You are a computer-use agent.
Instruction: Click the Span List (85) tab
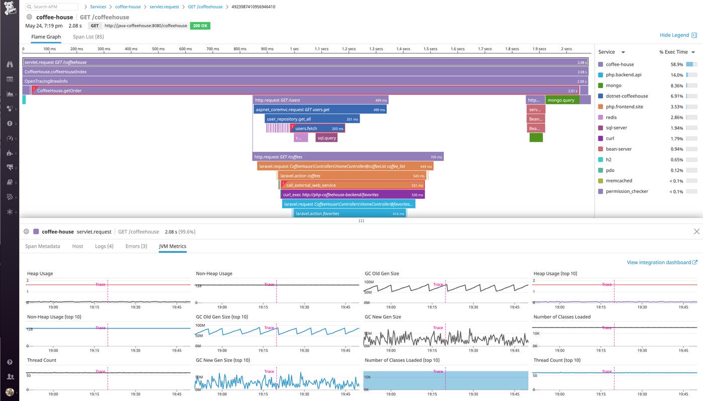tap(88, 37)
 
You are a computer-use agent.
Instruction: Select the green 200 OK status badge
tap(200, 26)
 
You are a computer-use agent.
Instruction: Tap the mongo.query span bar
tap(562, 100)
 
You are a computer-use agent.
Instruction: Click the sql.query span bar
tap(326, 138)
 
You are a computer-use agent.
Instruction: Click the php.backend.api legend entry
tap(623, 75)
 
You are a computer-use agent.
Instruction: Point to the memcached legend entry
tap(619, 180)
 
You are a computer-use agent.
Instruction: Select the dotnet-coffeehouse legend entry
tap(627, 96)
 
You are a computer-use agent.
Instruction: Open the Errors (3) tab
tap(136, 246)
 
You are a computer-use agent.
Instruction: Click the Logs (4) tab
tap(104, 246)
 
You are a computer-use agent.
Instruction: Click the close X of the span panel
tap(696, 232)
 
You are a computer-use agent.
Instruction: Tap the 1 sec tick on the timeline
tap(294, 49)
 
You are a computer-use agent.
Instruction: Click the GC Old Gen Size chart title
tap(382, 273)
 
